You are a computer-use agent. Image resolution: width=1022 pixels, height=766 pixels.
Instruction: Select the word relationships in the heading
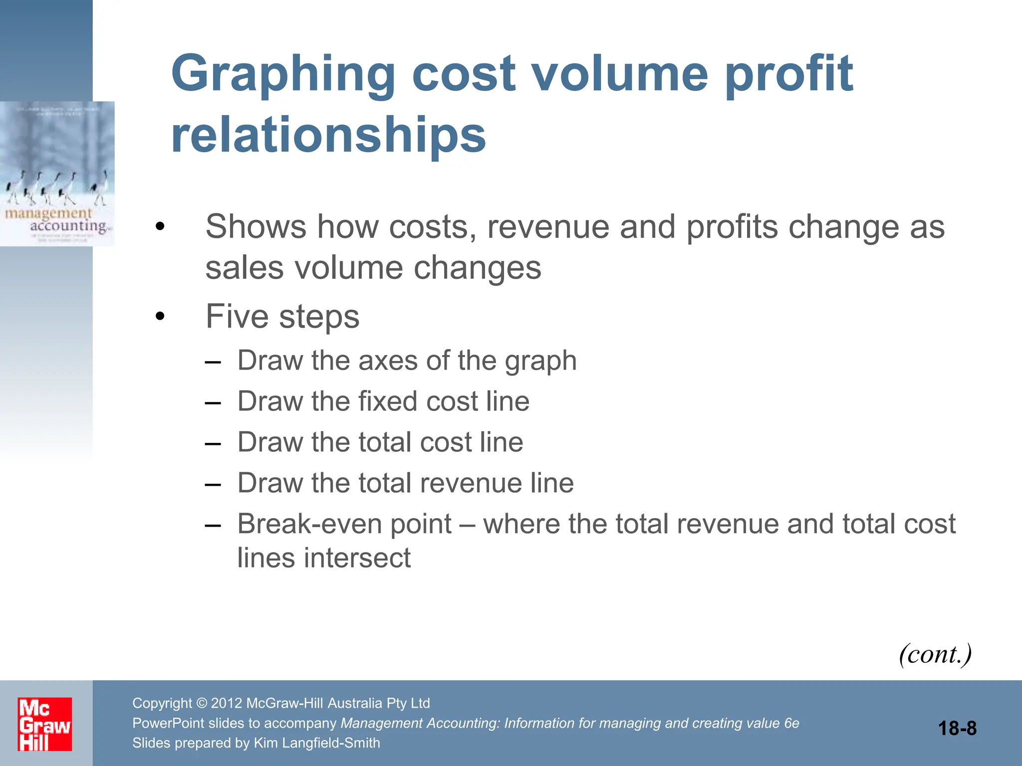pyautogui.click(x=328, y=135)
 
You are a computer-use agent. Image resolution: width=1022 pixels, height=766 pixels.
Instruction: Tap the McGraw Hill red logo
pyautogui.click(x=45, y=724)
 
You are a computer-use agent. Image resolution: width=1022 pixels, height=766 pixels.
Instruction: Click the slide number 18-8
pyautogui.click(x=957, y=729)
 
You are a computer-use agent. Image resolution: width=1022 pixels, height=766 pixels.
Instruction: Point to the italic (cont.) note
pyautogui.click(x=935, y=654)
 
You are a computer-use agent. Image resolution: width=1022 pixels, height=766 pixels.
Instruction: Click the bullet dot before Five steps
pyautogui.click(x=160, y=316)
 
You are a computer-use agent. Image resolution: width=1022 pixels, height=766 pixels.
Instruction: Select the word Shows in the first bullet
pyautogui.click(x=255, y=227)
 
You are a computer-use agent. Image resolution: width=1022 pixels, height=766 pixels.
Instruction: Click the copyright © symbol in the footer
pyautogui.click(x=202, y=703)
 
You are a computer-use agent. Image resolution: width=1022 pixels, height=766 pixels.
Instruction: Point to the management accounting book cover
pyautogui.click(x=57, y=174)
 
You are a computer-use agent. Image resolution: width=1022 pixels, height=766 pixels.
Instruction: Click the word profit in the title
pyautogui.click(x=788, y=75)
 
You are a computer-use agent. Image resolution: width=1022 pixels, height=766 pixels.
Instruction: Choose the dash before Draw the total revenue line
pyautogui.click(x=213, y=484)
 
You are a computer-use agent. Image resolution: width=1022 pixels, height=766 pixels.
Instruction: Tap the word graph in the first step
pyautogui.click(x=540, y=361)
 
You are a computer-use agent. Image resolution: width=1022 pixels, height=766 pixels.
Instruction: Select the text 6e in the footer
pyautogui.click(x=791, y=723)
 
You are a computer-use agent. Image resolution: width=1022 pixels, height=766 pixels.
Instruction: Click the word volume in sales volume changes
pyautogui.click(x=349, y=268)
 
